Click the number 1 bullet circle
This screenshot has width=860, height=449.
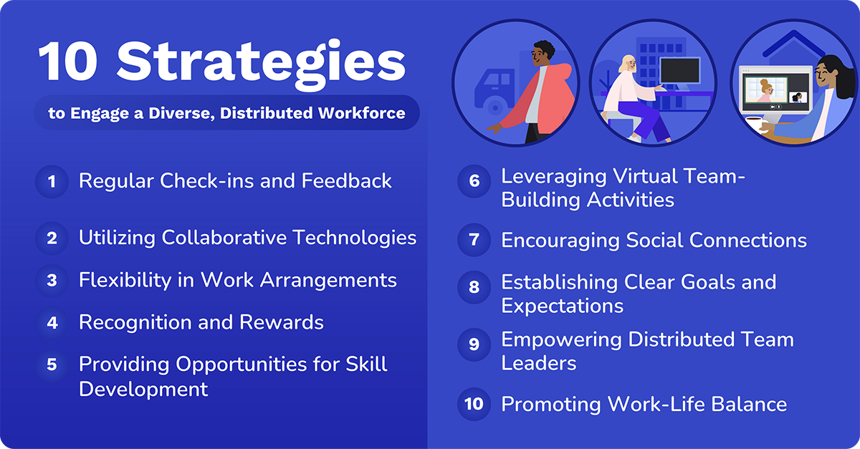(x=52, y=181)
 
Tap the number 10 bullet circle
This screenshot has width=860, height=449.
(x=474, y=404)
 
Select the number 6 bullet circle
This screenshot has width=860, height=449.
(x=474, y=181)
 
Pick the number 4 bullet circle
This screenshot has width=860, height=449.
(x=52, y=323)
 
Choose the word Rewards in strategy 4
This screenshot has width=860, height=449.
(x=285, y=322)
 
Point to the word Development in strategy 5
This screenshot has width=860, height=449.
(x=143, y=389)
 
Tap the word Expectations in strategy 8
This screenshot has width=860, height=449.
(x=562, y=306)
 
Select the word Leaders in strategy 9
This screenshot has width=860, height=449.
(x=538, y=363)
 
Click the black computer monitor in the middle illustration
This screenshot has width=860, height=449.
(x=679, y=72)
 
